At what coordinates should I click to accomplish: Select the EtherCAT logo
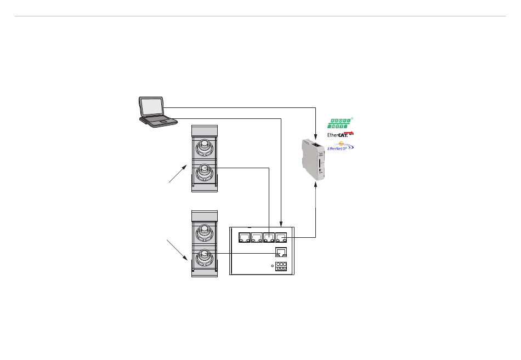[340, 134]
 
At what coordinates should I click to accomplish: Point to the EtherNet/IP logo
[340, 146]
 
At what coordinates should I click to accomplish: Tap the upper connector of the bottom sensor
[204, 230]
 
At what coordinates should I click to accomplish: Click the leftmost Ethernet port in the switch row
[243, 238]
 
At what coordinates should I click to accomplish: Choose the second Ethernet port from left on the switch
[256, 238]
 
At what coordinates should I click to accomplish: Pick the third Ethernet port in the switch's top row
[269, 238]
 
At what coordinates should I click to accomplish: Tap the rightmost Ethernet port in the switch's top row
[281, 238]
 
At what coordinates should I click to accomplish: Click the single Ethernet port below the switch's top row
[280, 253]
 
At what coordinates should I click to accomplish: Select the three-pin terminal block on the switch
[281, 266]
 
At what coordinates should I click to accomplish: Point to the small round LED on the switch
[273, 266]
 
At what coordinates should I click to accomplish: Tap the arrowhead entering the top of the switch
[281, 223]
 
